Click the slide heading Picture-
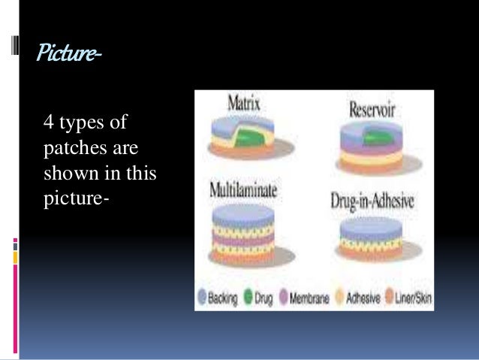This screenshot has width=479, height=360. (x=67, y=55)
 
